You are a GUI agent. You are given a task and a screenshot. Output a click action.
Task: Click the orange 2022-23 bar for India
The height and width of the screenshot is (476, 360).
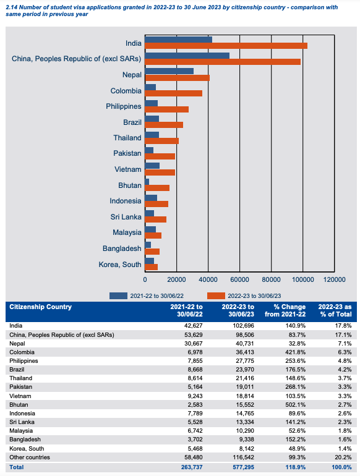click(226, 46)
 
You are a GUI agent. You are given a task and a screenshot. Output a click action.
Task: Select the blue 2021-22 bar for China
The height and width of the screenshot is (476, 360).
click(187, 55)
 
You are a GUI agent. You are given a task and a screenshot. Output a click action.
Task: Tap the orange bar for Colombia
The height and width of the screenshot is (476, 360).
click(173, 93)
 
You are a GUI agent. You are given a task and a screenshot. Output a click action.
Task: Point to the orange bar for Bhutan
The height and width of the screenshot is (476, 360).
click(157, 188)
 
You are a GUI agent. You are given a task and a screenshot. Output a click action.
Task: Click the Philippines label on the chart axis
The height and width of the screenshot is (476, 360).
click(124, 106)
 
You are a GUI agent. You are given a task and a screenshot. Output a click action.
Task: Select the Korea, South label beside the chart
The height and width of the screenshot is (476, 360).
click(120, 265)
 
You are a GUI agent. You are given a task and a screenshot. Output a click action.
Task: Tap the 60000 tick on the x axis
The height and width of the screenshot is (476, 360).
click(240, 279)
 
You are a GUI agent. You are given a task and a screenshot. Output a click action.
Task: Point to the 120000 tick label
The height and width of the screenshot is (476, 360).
click(335, 279)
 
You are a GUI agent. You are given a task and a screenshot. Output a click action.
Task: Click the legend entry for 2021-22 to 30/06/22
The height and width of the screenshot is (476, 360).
click(147, 295)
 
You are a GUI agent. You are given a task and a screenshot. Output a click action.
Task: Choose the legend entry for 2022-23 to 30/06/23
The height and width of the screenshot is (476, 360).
click(244, 295)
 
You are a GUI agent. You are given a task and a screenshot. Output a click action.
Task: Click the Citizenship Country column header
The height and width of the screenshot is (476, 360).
click(41, 307)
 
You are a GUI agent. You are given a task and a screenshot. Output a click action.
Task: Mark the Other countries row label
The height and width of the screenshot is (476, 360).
click(30, 458)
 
